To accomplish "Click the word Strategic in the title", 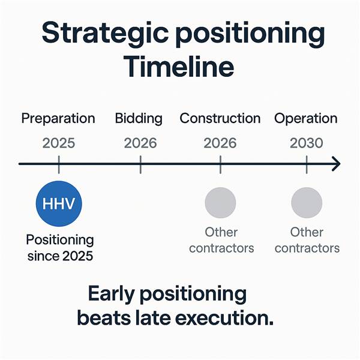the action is [x=105, y=33].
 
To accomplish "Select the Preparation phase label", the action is [x=58, y=119].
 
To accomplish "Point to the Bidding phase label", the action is [x=139, y=119].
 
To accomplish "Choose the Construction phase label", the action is [x=220, y=118].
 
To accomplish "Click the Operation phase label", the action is [x=306, y=119].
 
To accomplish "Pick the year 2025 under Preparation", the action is [x=59, y=143].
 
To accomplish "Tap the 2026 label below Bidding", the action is [x=140, y=143].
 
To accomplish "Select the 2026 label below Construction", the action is [x=220, y=143].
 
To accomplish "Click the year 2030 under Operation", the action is [x=307, y=143].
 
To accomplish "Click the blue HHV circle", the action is [x=59, y=203].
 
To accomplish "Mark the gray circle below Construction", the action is [x=220, y=203].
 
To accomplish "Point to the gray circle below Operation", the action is [x=307, y=203].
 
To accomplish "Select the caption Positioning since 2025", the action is [x=60, y=248].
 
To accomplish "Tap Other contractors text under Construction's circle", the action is [x=221, y=240].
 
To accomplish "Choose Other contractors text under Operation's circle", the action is [x=307, y=240].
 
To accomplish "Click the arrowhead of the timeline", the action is [x=337, y=164].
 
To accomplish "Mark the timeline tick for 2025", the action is [x=59, y=164].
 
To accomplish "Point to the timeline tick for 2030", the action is [x=307, y=164].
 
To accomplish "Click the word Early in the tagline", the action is [x=111, y=295].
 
